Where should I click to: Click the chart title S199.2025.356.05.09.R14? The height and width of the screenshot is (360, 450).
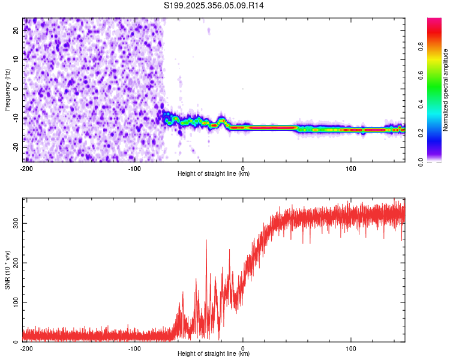click(214, 5)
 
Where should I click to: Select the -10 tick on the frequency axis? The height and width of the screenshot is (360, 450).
click(16, 118)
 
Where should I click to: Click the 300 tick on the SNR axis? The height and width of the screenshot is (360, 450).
click(16, 223)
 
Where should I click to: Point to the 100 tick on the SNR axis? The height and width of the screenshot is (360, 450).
click(16, 302)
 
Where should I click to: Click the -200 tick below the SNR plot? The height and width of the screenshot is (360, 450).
click(26, 348)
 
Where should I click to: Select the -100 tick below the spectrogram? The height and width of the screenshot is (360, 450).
click(134, 168)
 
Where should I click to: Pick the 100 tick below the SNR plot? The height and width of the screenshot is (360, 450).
click(352, 348)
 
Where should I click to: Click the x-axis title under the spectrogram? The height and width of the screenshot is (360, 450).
click(214, 174)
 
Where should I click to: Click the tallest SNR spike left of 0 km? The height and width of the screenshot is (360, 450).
click(206, 241)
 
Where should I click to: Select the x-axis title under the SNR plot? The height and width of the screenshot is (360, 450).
click(214, 354)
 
